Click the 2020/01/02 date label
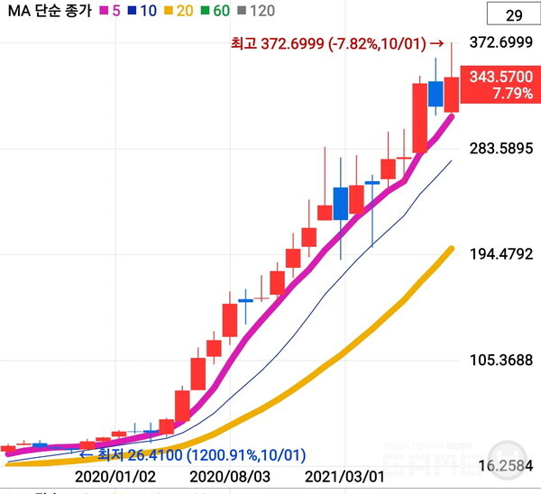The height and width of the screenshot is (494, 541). click(x=115, y=474)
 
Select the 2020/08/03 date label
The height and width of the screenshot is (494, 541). click(x=231, y=474)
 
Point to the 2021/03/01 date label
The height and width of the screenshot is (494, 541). click(x=346, y=474)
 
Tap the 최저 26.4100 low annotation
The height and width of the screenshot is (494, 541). click(x=193, y=454)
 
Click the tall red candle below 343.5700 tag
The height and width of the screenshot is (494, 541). click(x=419, y=117)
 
